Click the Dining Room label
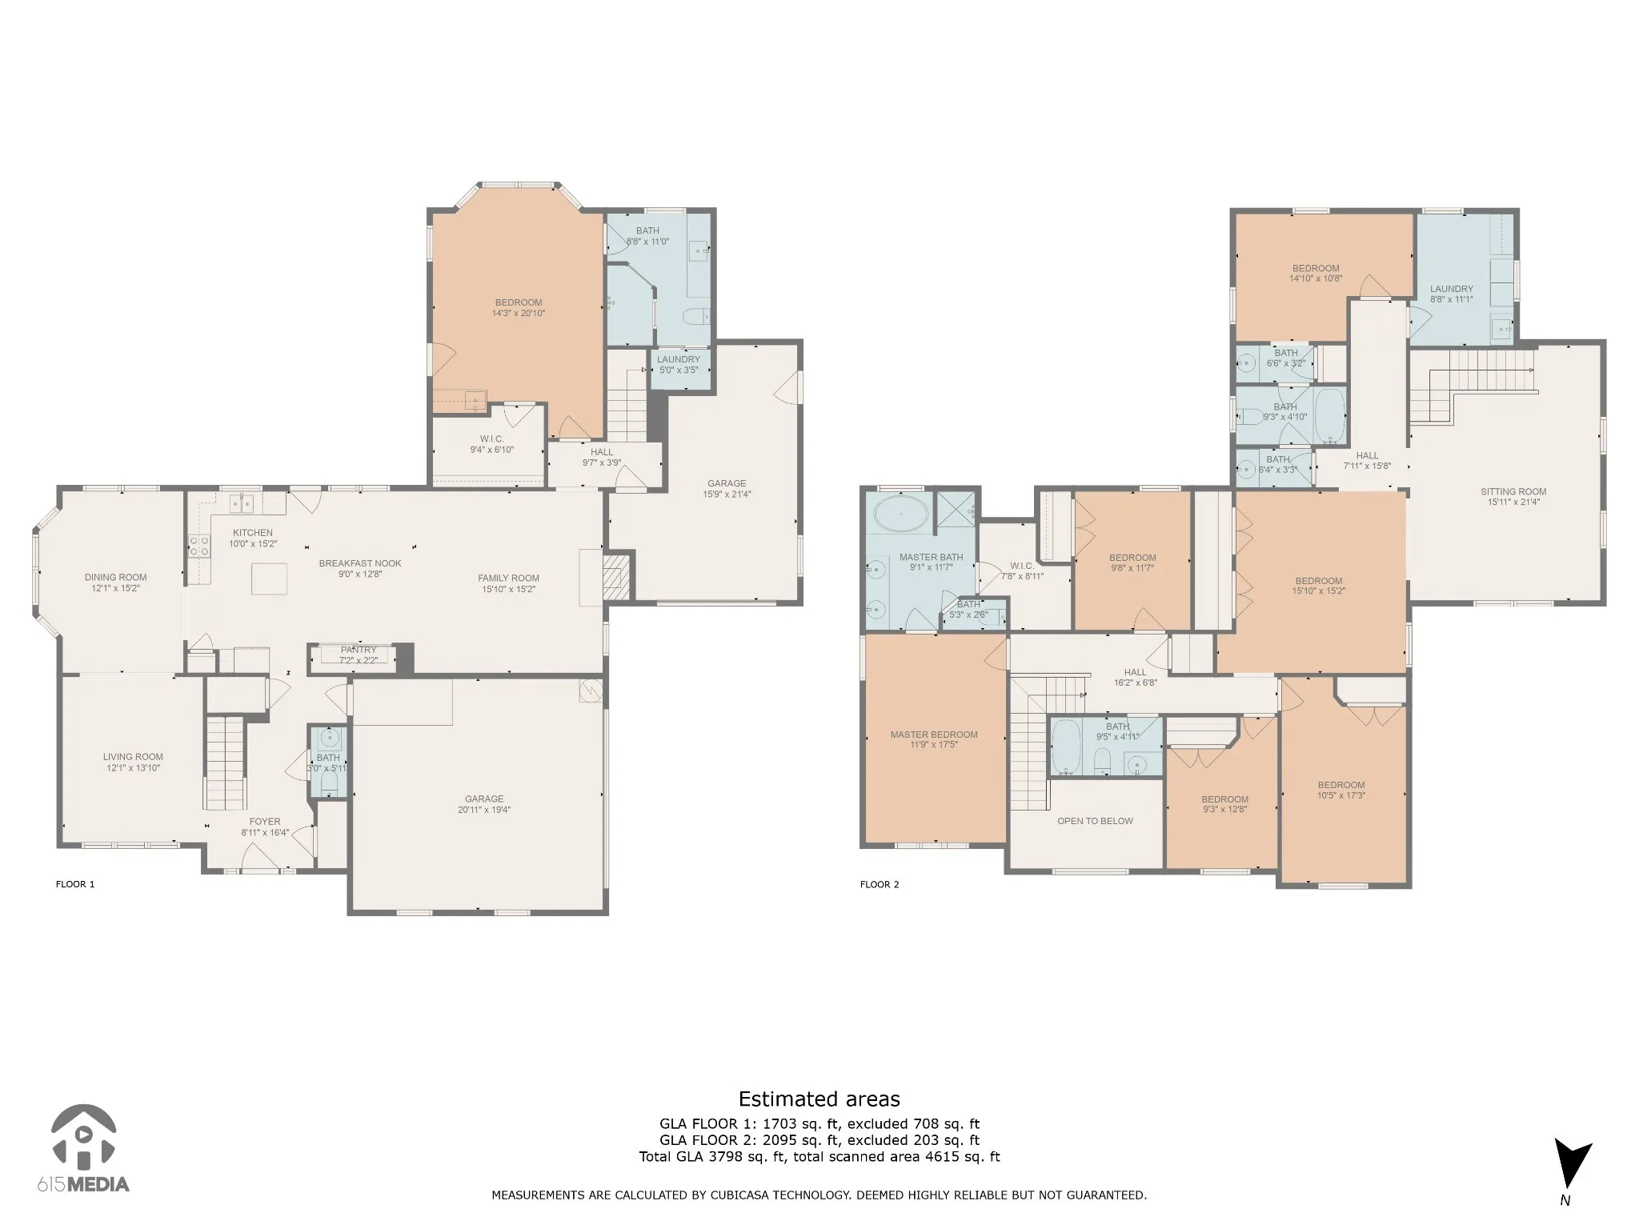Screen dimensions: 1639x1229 (116, 577)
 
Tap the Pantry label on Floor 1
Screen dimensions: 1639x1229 (358, 650)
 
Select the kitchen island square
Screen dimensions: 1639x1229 (269, 578)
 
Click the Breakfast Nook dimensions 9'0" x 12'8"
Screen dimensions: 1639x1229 (360, 574)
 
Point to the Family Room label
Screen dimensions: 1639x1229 (509, 578)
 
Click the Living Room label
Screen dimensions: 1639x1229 (133, 756)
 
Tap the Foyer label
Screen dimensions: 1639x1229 (265, 821)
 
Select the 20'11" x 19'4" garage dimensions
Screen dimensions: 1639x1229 (484, 810)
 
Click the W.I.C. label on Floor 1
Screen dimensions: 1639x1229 (491, 438)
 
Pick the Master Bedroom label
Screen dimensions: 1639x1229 (934, 735)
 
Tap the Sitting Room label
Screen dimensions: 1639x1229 (1513, 492)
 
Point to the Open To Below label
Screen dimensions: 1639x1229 (1095, 821)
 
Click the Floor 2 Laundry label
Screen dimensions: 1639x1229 (1452, 289)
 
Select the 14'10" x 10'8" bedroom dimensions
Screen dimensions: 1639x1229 (1316, 279)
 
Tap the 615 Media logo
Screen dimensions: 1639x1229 (83, 1148)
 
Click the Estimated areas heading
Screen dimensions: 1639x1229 (819, 1099)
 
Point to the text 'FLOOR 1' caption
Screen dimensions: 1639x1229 (75, 884)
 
